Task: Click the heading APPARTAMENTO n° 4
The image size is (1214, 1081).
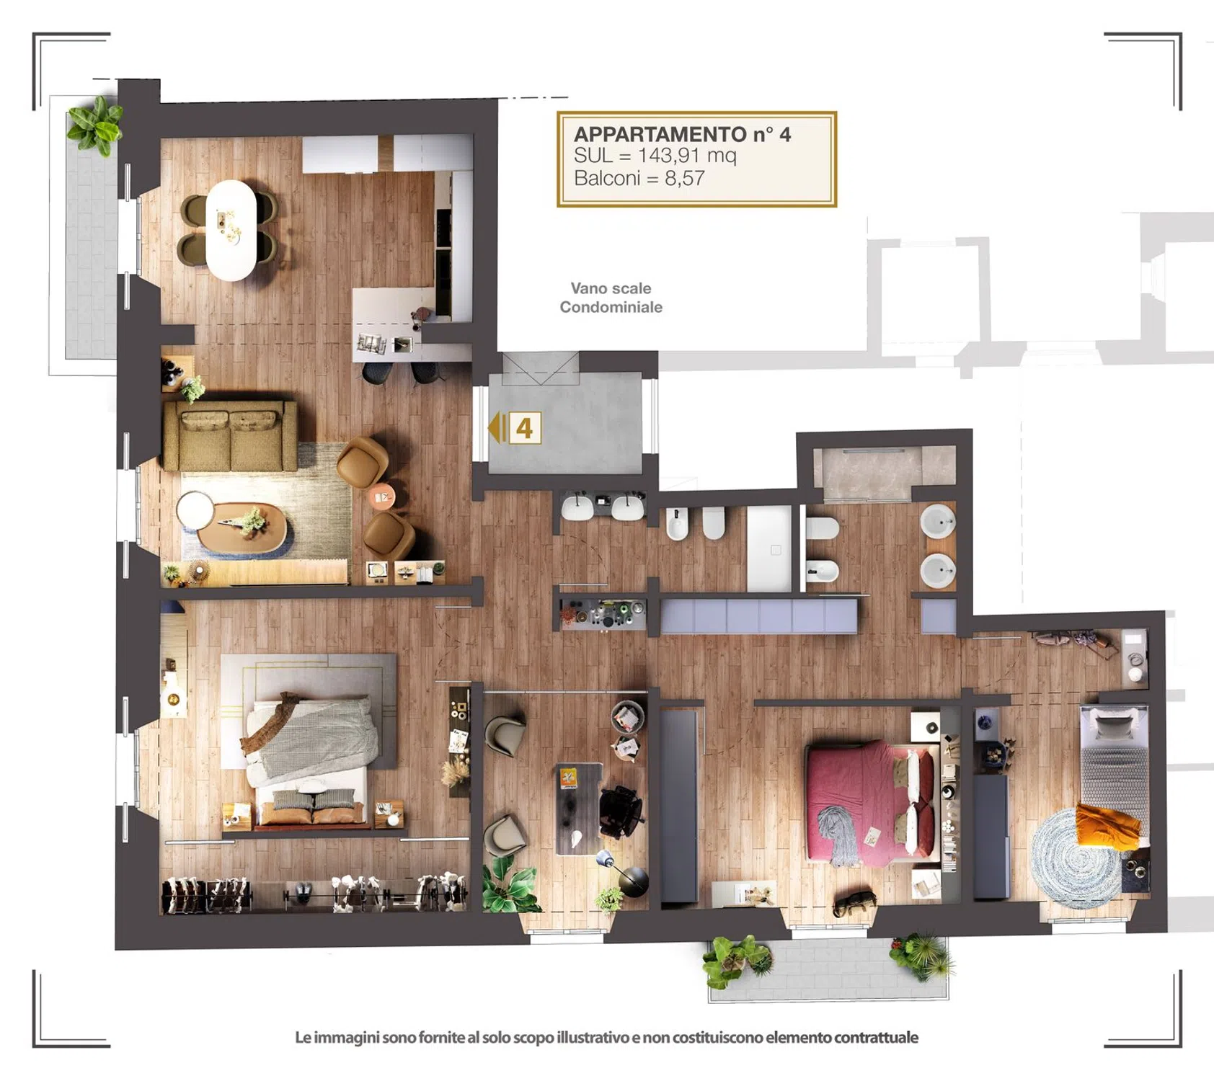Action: (x=682, y=134)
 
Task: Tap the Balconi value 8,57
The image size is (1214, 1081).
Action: (x=684, y=178)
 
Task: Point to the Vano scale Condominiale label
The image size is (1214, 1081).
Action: (x=611, y=298)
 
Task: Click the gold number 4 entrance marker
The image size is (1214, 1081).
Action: (x=524, y=428)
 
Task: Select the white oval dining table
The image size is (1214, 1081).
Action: (x=231, y=230)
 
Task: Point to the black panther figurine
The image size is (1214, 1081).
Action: (x=855, y=903)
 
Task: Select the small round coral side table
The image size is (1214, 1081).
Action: (x=383, y=497)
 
